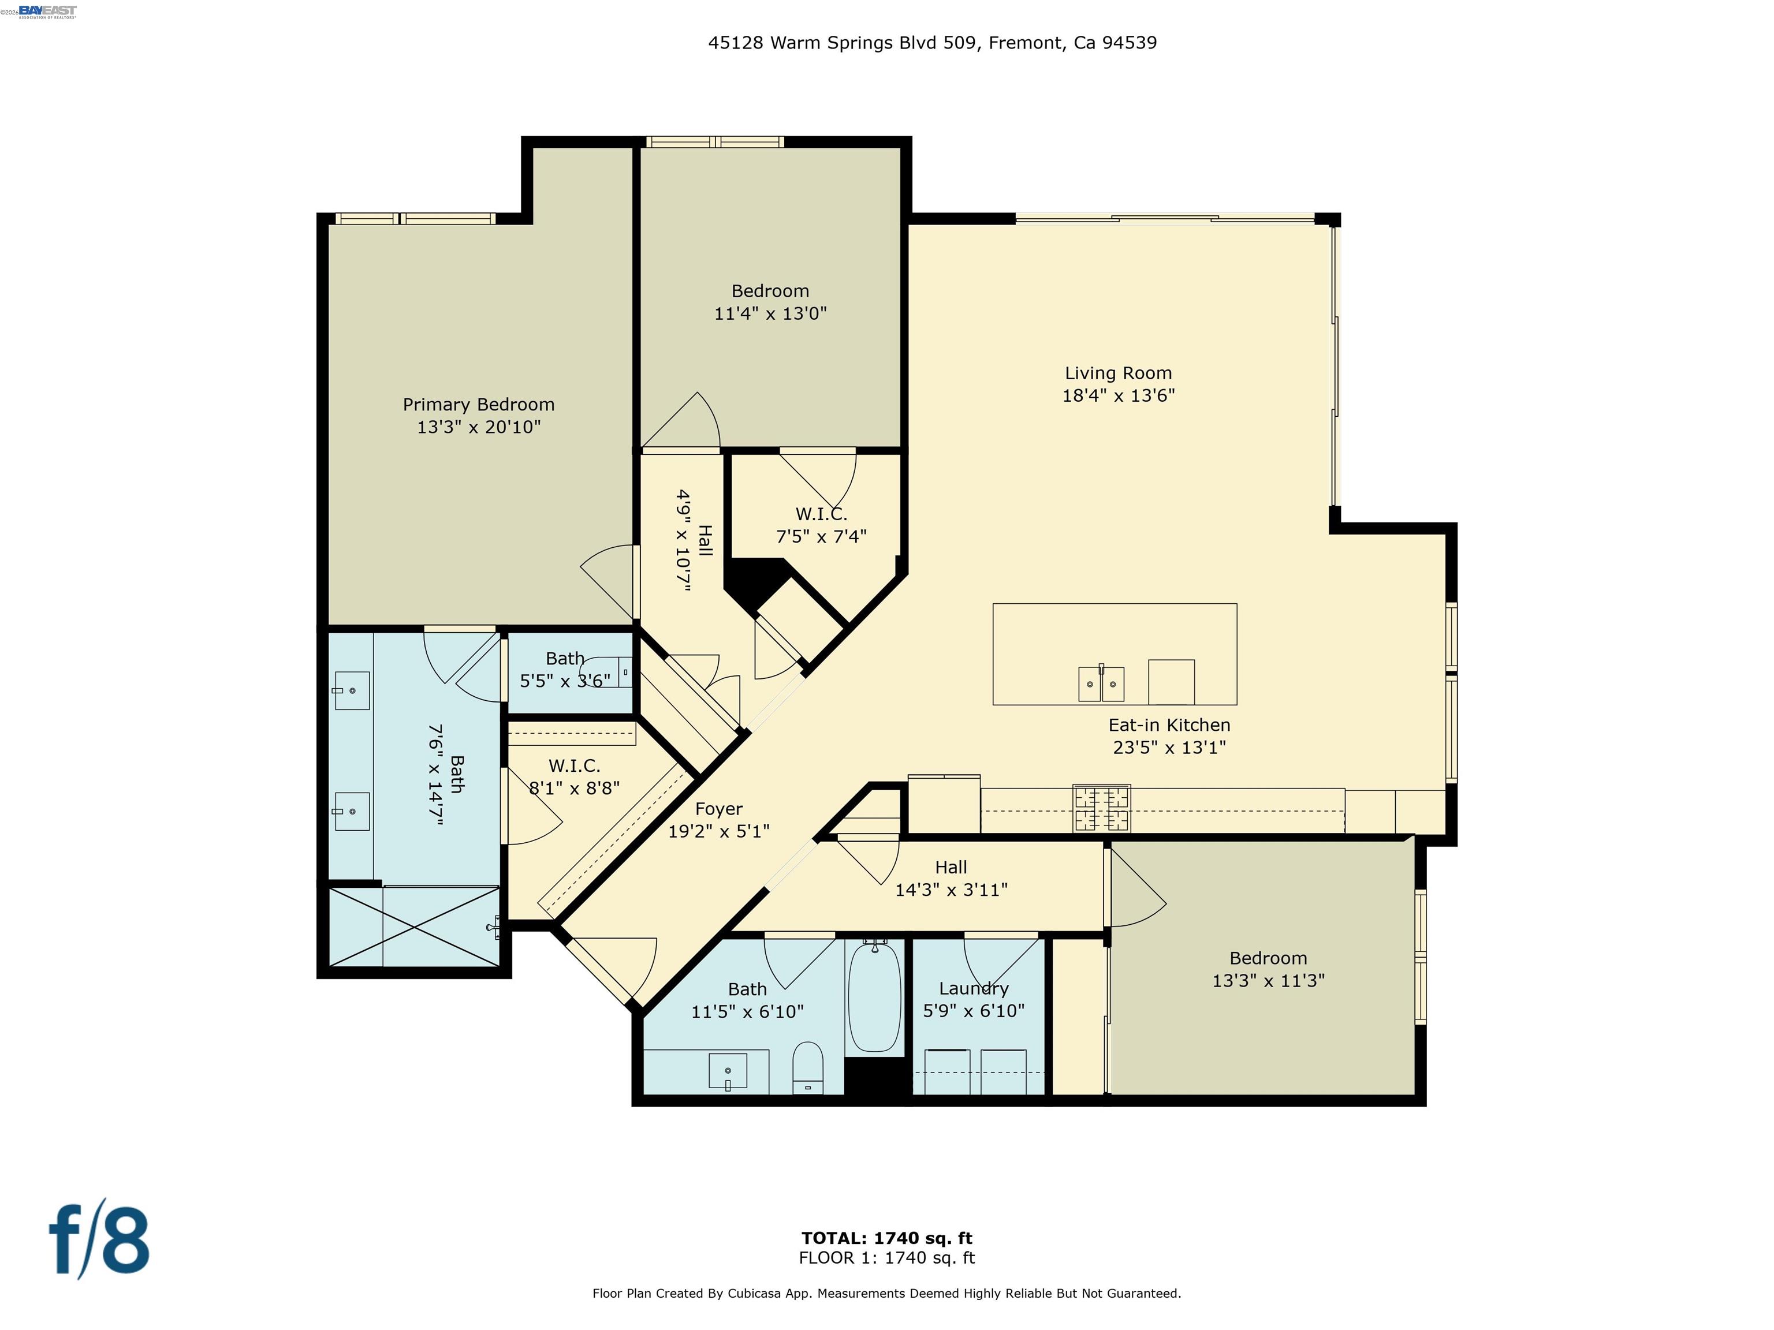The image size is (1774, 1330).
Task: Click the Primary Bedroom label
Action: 478,405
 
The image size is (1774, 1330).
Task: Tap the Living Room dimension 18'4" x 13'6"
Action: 1118,395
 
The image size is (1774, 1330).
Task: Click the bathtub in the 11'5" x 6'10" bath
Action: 874,997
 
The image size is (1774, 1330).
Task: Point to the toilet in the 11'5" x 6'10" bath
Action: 808,1067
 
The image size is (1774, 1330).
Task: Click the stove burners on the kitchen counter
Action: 1102,808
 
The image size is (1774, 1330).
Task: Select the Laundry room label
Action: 974,988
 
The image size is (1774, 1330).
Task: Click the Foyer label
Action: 718,809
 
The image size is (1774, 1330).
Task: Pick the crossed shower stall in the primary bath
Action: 415,926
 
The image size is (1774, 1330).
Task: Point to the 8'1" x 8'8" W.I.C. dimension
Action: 574,788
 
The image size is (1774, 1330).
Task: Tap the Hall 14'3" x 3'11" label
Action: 951,868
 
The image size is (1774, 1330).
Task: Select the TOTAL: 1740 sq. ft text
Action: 886,1238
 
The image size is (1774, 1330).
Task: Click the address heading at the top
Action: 932,43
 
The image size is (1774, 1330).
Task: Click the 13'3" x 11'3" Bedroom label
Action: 1268,958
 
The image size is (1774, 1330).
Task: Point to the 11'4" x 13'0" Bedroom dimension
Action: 770,313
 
